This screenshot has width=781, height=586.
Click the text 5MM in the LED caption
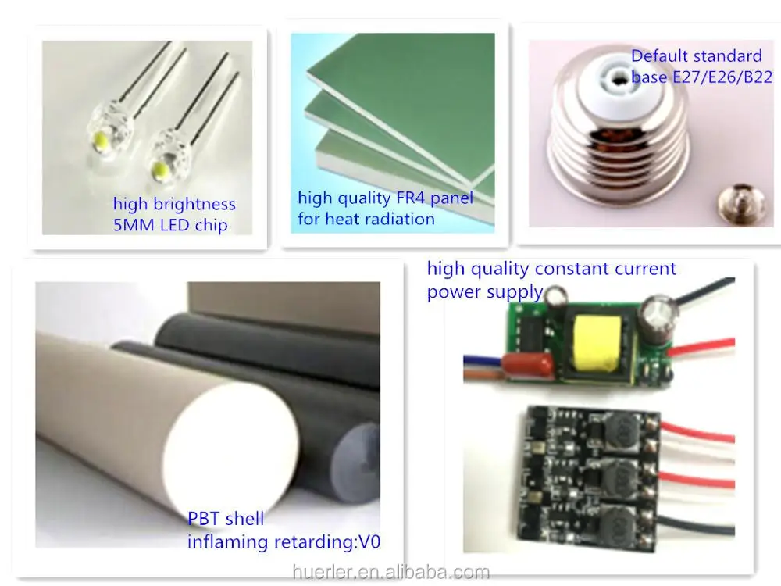pyautogui.click(x=134, y=226)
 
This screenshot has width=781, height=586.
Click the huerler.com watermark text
pyautogui.click(x=390, y=573)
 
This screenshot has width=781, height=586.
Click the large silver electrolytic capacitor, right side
pyautogui.click(x=654, y=321)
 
